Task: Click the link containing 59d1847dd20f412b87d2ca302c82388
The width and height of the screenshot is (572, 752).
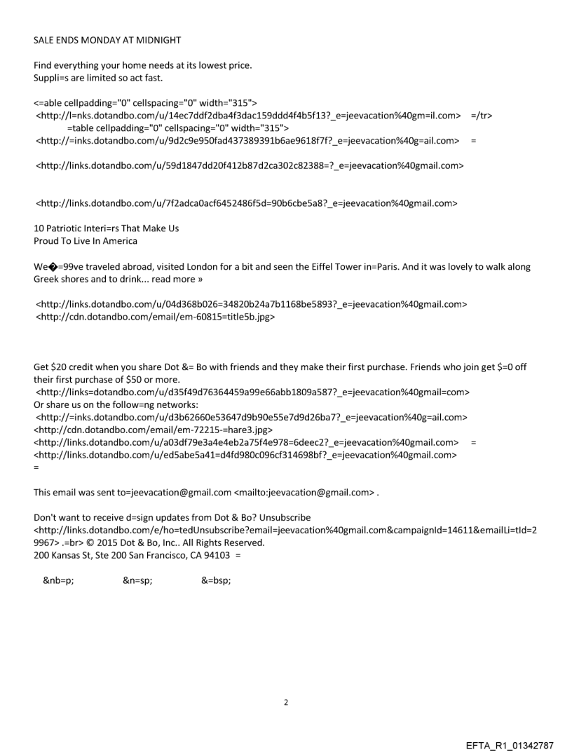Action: [249, 166]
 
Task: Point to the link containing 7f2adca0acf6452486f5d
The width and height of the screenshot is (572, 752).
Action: [247, 204]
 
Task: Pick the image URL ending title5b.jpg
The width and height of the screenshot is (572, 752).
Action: [155, 317]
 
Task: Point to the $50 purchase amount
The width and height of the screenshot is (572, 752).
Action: [131, 380]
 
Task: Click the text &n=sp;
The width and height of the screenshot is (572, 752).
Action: [137, 581]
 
